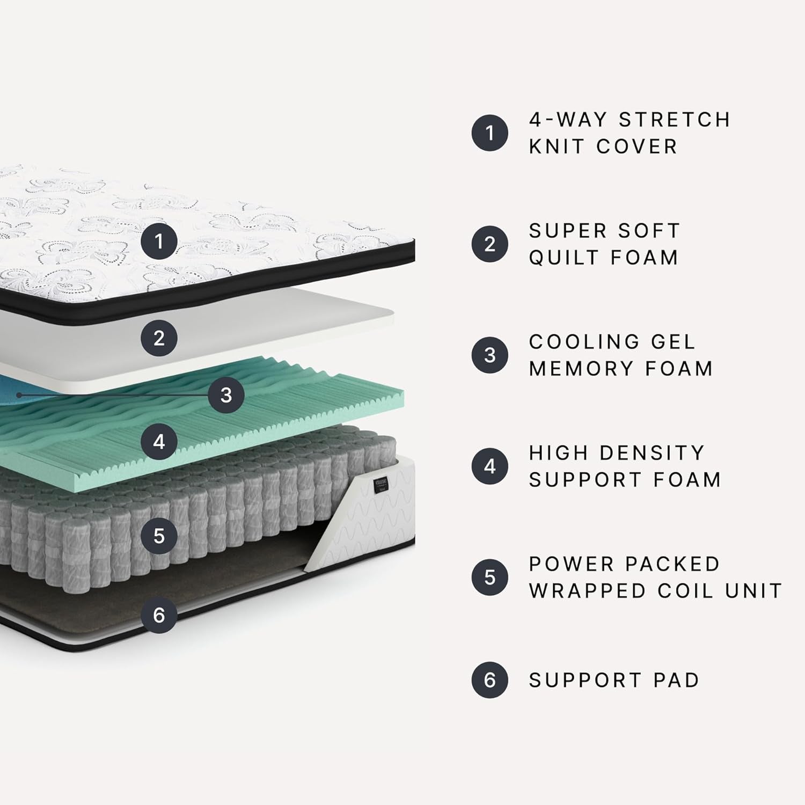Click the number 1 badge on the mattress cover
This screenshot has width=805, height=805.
pyautogui.click(x=159, y=241)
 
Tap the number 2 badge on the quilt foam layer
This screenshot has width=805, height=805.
pyautogui.click(x=159, y=338)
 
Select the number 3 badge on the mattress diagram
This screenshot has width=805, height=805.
pyautogui.click(x=226, y=395)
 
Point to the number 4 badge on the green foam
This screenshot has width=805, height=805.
pyautogui.click(x=159, y=442)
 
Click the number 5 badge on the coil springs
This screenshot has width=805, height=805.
pyautogui.click(x=159, y=536)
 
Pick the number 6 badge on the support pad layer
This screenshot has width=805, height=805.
pyautogui.click(x=159, y=615)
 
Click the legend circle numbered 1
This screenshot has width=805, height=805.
pyautogui.click(x=489, y=133)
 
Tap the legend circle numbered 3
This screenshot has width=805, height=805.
pyautogui.click(x=489, y=355)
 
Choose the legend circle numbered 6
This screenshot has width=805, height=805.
pyautogui.click(x=489, y=680)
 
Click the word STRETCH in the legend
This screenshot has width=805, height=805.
pyautogui.click(x=675, y=120)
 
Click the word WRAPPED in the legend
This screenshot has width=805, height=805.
pyautogui.click(x=587, y=591)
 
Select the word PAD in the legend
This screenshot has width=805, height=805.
pyautogui.click(x=676, y=680)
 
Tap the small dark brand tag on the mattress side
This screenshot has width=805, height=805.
pyautogui.click(x=380, y=484)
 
